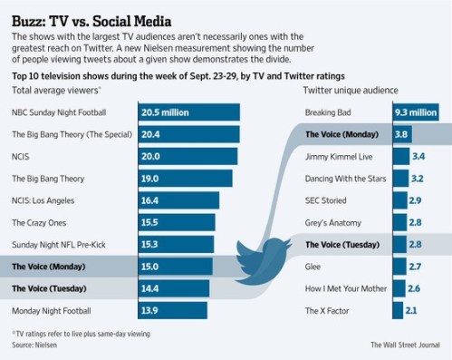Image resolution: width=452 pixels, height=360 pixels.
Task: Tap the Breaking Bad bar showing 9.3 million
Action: tap(415, 112)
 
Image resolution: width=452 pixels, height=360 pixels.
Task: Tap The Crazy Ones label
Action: tap(43, 222)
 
